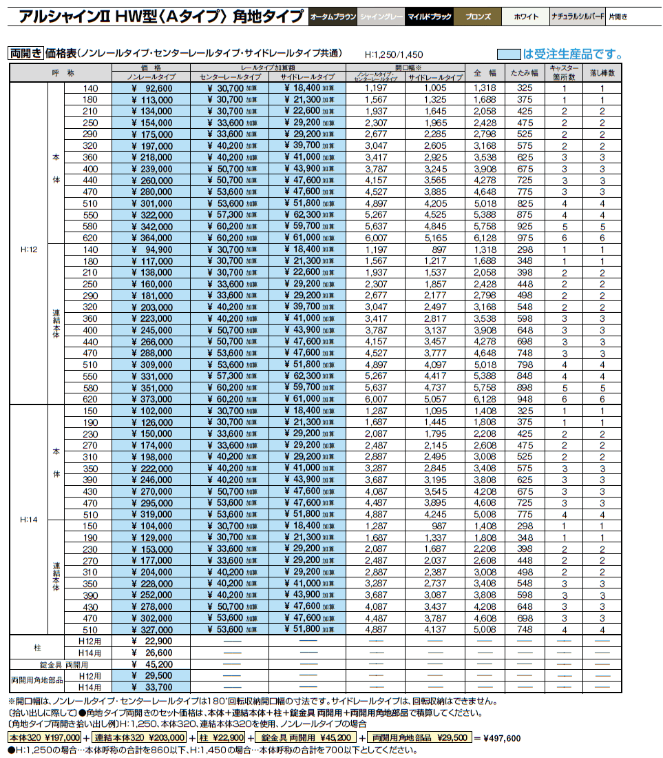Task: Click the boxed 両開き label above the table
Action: pyautogui.click(x=25, y=53)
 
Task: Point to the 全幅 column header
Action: pyautogui.click(x=485, y=72)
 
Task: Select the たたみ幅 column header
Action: pyautogui.click(x=525, y=72)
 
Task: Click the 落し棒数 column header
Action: pyautogui.click(x=602, y=72)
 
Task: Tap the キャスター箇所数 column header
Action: pyautogui.click(x=564, y=72)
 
